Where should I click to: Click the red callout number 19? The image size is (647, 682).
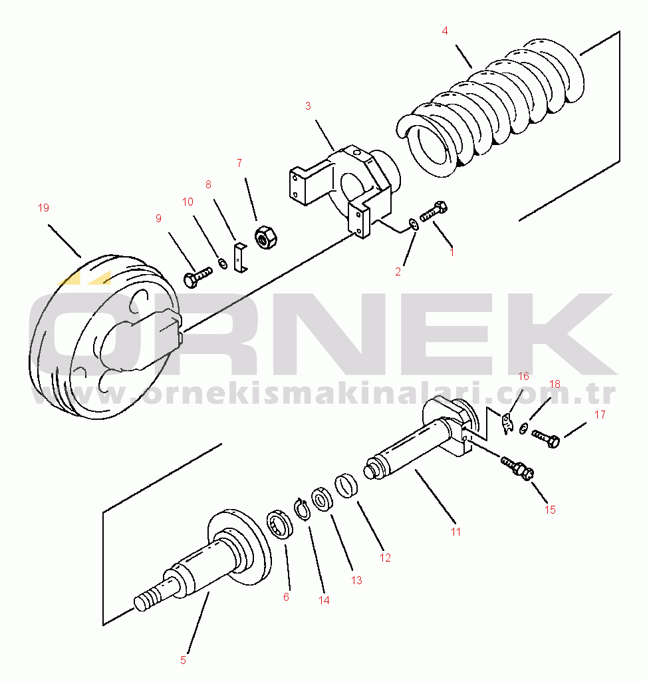tap(43, 208)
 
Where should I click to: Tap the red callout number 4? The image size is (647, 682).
tap(445, 31)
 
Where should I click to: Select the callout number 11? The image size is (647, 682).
tap(455, 532)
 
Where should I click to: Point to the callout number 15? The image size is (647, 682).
tap(550, 510)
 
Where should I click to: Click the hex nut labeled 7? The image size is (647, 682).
tap(264, 237)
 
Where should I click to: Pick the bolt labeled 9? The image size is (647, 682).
tap(196, 275)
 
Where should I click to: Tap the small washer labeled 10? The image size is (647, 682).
tap(223, 264)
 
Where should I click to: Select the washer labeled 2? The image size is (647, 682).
tap(413, 224)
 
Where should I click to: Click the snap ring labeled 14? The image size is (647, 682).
tap(302, 510)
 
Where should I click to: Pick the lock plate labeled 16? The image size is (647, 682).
tap(507, 423)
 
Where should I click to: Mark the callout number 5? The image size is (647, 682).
tap(183, 660)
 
